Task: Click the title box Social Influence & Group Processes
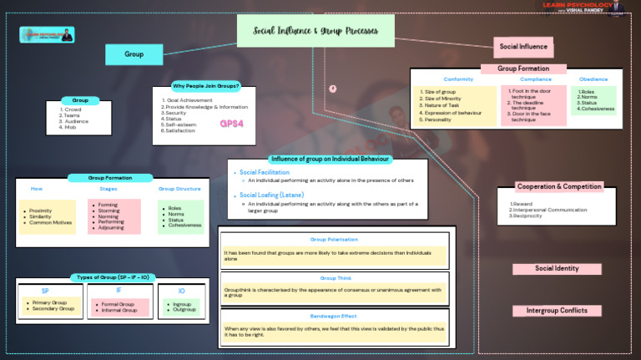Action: coord(315,32)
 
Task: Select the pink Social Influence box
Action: coord(522,47)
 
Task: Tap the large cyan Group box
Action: coord(134,54)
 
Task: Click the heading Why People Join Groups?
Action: coord(205,86)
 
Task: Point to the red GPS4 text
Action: coord(231,124)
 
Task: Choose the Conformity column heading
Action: coord(458,79)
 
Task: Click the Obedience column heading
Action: coord(593,79)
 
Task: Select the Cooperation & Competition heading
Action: coord(558,186)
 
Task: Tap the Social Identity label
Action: coord(557,269)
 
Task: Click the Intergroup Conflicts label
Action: coord(557,311)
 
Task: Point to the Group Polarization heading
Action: coord(334,239)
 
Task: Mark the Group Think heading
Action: coord(334,277)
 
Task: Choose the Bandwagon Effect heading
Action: coord(334,316)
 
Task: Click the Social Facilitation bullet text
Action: coord(265,172)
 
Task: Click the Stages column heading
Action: coord(108,189)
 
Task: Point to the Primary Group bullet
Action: coord(51,303)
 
